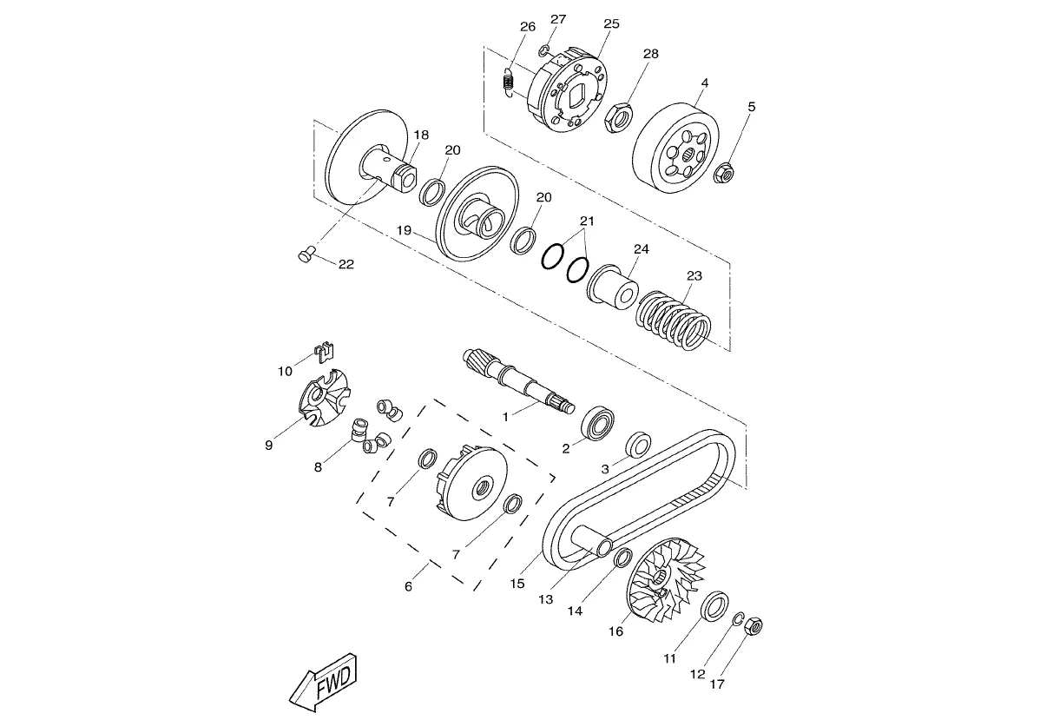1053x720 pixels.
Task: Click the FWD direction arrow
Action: pyautogui.click(x=324, y=683)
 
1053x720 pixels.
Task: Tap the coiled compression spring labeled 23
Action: pyautogui.click(x=673, y=321)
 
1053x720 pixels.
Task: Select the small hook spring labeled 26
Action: pyautogui.click(x=508, y=83)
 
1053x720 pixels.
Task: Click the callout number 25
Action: pyautogui.click(x=612, y=23)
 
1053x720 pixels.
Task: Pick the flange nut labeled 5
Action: pyautogui.click(x=724, y=173)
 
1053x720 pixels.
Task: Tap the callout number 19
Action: pyautogui.click(x=404, y=230)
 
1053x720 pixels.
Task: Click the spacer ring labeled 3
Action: pyautogui.click(x=638, y=444)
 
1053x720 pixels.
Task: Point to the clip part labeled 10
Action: pyautogui.click(x=324, y=353)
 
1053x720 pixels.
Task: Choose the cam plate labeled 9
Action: pyautogui.click(x=326, y=398)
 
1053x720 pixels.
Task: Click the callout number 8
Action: pyautogui.click(x=319, y=467)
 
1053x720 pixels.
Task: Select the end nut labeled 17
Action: pyautogui.click(x=754, y=625)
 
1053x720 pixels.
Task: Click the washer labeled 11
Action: pyautogui.click(x=715, y=606)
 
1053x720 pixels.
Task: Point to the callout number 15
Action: pyautogui.click(x=517, y=584)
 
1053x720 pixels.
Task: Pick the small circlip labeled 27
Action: pyautogui.click(x=544, y=50)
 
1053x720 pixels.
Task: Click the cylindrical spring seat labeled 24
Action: pyautogui.click(x=613, y=287)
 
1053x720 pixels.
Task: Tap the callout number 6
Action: pyautogui.click(x=408, y=586)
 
